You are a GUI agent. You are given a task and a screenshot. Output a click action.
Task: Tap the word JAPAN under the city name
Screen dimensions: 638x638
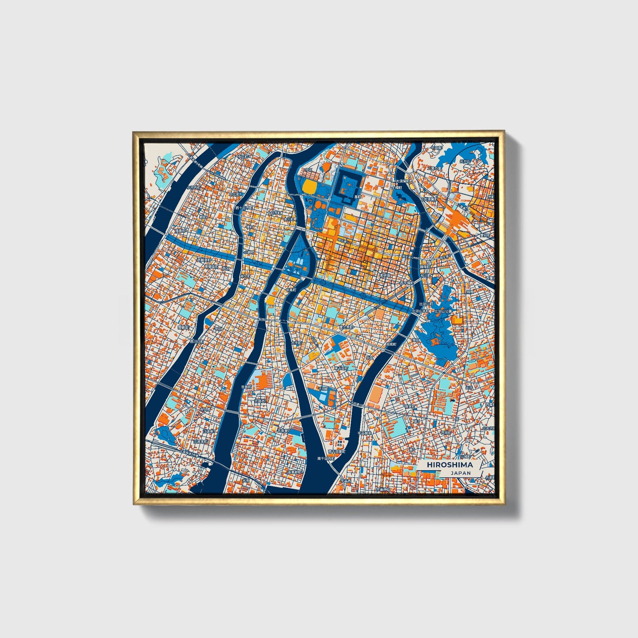[x=461, y=473]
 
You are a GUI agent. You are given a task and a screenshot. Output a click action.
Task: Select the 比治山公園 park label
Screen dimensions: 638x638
[x=443, y=311]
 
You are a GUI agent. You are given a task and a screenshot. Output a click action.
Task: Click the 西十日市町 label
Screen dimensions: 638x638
[x=243, y=208]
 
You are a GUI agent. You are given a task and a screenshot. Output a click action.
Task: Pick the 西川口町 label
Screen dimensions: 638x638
[x=197, y=341]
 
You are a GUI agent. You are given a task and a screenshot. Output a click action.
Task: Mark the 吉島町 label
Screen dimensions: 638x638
[x=246, y=386]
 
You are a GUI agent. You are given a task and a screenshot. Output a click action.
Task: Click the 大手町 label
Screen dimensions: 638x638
[x=296, y=343]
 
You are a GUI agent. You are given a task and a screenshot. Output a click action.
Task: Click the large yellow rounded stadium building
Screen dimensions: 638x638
[x=310, y=187]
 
